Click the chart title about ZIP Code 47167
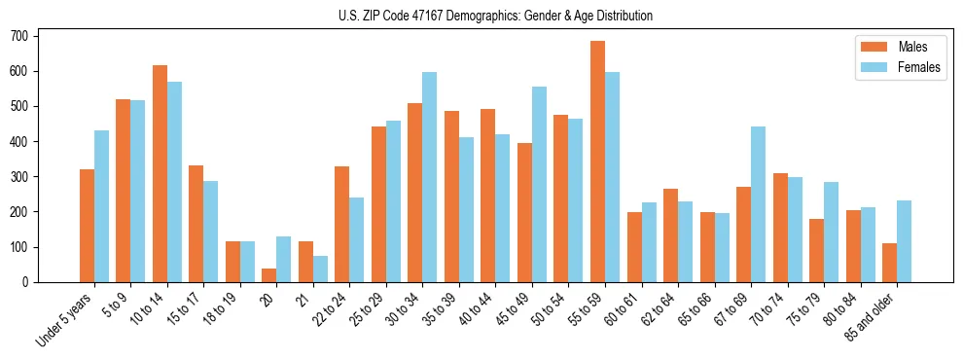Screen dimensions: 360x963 tap(481, 16)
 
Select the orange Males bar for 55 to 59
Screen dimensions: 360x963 tap(597, 162)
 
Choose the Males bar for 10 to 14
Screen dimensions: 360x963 tap(160, 174)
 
